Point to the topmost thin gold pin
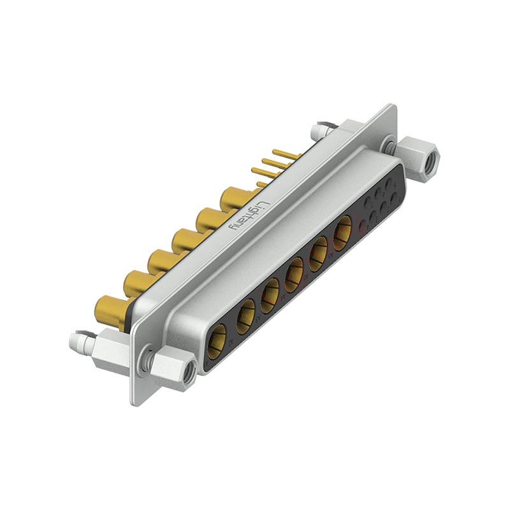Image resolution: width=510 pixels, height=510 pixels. [286, 154]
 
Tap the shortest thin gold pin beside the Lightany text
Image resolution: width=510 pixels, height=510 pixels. [261, 184]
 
